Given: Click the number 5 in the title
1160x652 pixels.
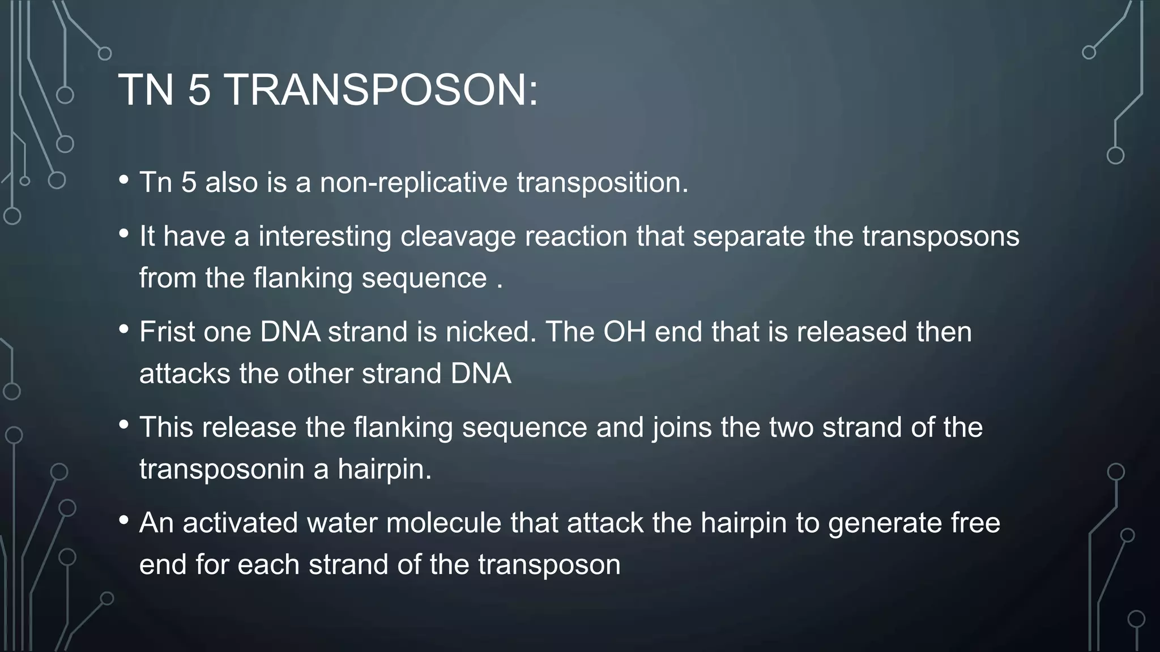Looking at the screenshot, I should tap(199, 91).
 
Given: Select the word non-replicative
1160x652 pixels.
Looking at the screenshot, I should tap(413, 183).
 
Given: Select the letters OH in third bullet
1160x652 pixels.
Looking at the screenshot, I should tap(624, 332).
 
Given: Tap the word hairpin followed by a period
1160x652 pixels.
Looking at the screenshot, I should tap(384, 469).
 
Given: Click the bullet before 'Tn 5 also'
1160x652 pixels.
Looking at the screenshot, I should tap(124, 181).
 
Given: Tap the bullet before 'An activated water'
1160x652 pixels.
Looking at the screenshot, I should tap(124, 520).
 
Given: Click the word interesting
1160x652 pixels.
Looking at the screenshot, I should tap(325, 237).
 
